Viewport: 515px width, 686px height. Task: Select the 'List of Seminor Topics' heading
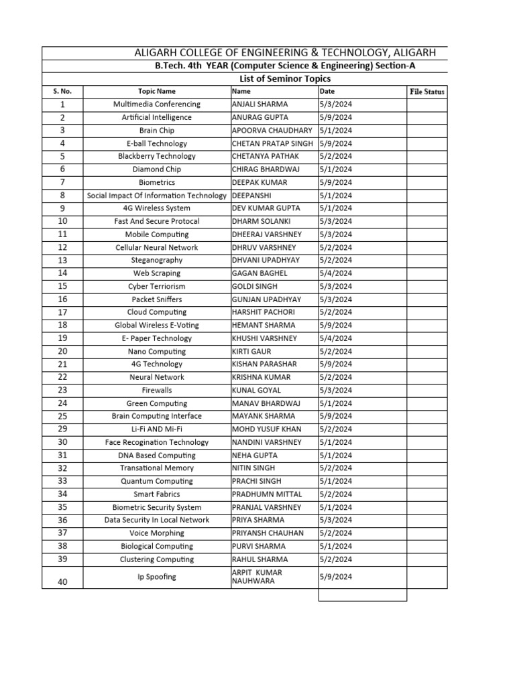point(280,78)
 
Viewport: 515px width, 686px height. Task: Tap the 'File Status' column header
point(426,91)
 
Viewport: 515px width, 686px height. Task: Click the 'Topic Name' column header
point(157,91)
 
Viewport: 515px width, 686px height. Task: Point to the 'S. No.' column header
point(62,91)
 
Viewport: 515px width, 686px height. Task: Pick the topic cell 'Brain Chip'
point(157,131)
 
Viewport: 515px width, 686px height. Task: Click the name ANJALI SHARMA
point(260,105)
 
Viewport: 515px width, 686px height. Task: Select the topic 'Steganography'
point(157,260)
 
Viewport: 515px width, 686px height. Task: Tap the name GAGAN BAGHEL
point(260,273)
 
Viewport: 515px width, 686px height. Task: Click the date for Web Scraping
point(336,273)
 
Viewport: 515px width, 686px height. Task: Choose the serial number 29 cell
point(62,429)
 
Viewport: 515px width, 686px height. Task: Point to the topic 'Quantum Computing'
point(157,481)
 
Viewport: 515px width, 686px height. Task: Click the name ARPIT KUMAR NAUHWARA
point(257,577)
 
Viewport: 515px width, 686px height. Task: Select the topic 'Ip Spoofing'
point(157,577)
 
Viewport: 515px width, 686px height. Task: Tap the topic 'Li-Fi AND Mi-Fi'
point(157,429)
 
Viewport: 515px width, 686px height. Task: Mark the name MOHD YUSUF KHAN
point(266,429)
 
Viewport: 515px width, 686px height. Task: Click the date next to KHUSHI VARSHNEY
point(336,338)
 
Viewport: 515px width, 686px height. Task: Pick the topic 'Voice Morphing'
point(157,533)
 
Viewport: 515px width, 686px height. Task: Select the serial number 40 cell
point(62,582)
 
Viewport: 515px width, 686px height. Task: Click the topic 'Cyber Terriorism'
point(157,286)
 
